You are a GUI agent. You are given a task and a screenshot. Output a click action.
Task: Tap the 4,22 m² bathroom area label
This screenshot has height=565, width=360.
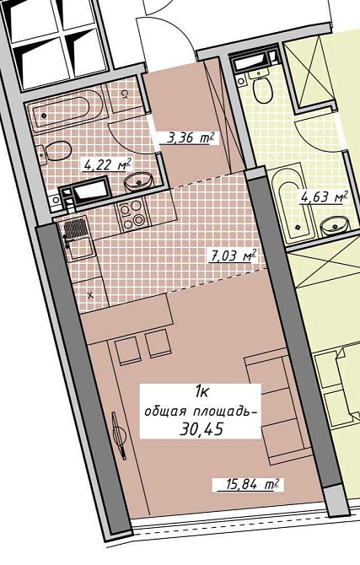pyautogui.click(x=107, y=165)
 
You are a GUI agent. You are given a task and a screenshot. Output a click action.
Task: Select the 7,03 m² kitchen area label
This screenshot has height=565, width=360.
pyautogui.click(x=234, y=256)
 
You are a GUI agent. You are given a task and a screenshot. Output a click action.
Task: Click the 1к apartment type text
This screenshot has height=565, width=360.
pyautogui.click(x=201, y=391)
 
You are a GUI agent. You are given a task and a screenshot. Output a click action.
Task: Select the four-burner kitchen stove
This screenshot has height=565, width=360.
pyautogui.click(x=132, y=214)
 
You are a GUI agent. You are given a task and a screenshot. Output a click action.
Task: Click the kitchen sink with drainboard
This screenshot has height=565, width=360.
pyautogui.click(x=77, y=239)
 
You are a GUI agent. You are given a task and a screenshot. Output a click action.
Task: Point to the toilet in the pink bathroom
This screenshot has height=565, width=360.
pyautogui.click(x=53, y=152)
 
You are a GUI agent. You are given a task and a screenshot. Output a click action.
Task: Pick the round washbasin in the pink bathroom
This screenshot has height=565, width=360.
pyautogui.click(x=139, y=181)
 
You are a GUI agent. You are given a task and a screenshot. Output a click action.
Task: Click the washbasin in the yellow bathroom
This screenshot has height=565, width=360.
pyautogui.click(x=335, y=227)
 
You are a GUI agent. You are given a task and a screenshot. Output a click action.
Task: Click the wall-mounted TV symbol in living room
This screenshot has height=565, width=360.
pyautogui.click(x=119, y=435)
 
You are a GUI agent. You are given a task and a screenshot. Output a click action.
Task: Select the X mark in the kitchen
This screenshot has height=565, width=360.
pyautogui.click(x=90, y=295)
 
